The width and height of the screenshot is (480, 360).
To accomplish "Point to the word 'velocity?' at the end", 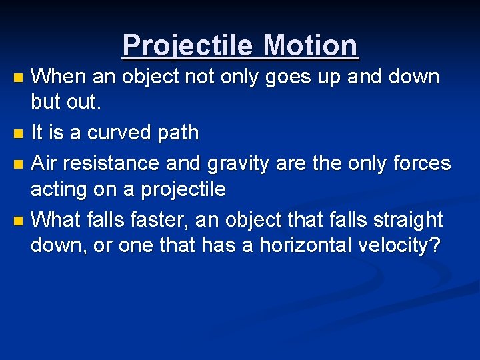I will [403, 245].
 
